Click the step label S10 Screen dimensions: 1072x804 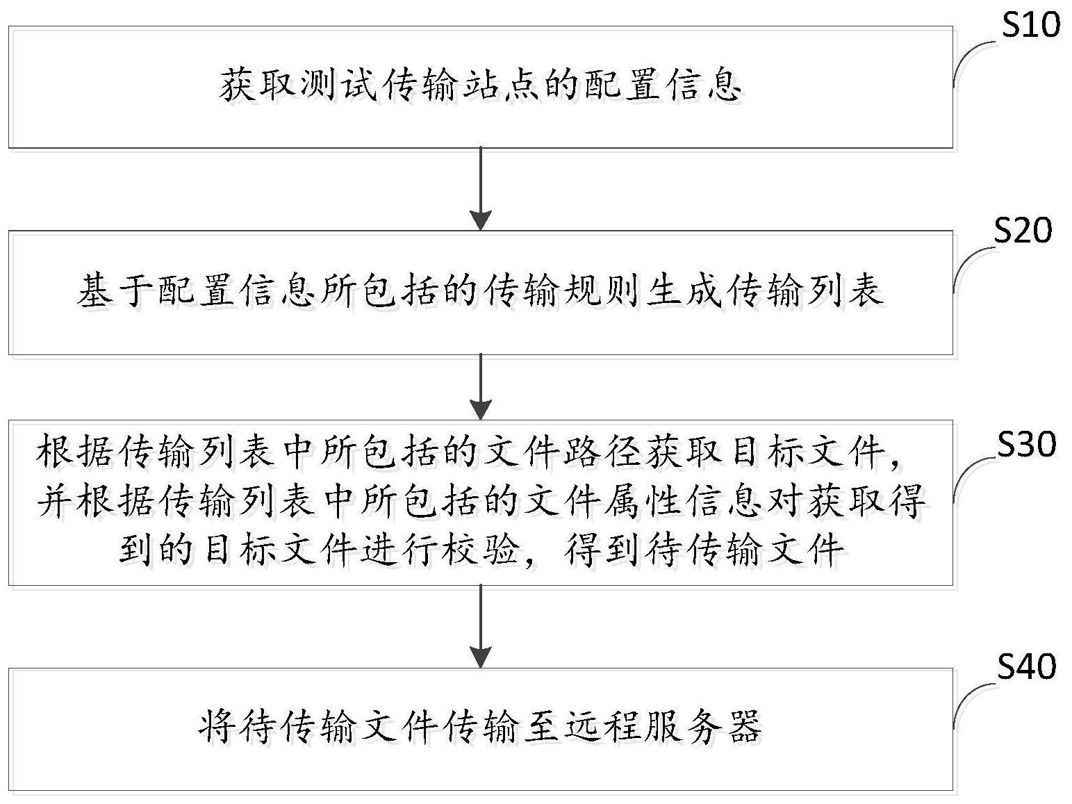1030,25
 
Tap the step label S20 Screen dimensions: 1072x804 1023,231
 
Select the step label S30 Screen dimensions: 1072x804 1027,445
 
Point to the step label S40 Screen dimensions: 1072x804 1027,666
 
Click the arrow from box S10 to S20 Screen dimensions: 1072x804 481,188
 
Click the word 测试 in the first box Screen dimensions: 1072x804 338,85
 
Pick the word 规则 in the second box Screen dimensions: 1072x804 602,291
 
